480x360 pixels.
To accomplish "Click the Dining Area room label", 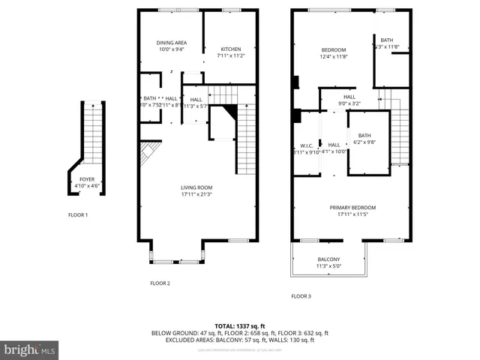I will (x=171, y=43).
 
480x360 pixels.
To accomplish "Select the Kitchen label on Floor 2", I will (x=230, y=49).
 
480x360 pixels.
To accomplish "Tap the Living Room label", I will (x=196, y=187).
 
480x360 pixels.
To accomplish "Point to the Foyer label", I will (x=86, y=179).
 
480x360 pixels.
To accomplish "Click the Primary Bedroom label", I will (x=352, y=208).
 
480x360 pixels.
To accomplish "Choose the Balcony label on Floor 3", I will (x=328, y=259).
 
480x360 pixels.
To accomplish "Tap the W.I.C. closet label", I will (x=306, y=145).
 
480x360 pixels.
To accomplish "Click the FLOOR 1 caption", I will (x=77, y=215).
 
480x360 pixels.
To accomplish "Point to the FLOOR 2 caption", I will (x=160, y=283).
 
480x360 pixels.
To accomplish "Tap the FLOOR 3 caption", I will (x=301, y=296).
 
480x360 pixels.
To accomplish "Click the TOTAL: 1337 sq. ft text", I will (x=240, y=325).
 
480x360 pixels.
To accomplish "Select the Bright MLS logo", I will (x=29, y=349).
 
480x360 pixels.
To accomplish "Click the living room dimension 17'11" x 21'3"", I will (x=196, y=194).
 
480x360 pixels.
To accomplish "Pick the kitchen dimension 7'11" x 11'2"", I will (x=230, y=56).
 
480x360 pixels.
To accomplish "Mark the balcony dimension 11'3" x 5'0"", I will (x=328, y=266).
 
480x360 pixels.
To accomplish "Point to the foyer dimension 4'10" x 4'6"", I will (x=86, y=186).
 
